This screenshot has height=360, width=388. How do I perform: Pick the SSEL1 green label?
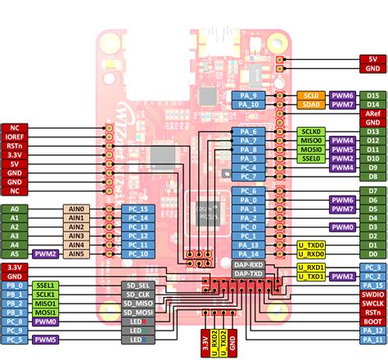click(46, 283)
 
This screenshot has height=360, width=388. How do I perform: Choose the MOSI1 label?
click(46, 313)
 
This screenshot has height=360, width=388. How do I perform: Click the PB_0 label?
click(14, 283)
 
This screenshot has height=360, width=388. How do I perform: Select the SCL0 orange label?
click(312, 96)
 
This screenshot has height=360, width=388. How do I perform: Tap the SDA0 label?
click(312, 106)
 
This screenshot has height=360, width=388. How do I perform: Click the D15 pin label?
click(373, 96)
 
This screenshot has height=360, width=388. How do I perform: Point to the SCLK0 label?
click(312, 131)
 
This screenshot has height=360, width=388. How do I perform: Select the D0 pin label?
click(373, 254)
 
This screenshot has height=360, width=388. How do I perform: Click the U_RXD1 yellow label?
click(312, 268)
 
